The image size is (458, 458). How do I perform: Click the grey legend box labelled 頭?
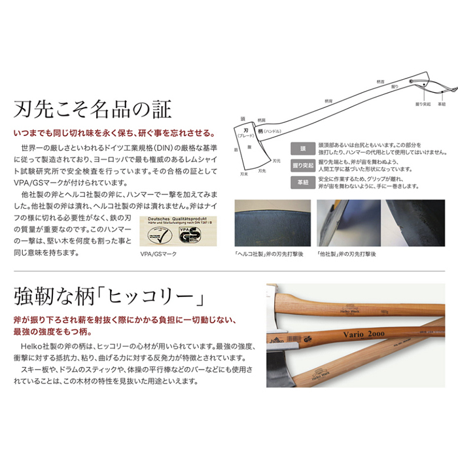click(x=302, y=149)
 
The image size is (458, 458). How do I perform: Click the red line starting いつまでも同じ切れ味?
click(x=111, y=132)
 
